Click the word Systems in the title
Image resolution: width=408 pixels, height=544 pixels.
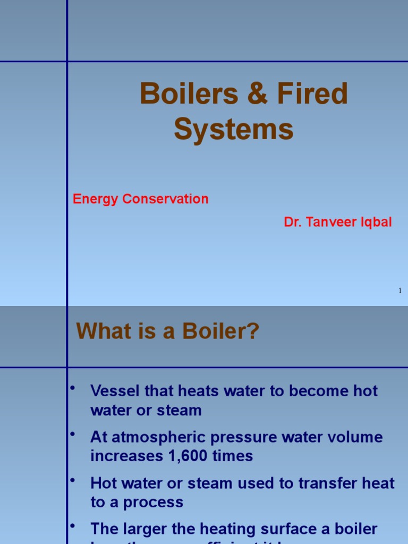coord(234,129)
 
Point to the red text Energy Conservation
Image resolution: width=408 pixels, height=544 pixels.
coord(140,199)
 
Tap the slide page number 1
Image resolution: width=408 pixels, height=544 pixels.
coord(400,291)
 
